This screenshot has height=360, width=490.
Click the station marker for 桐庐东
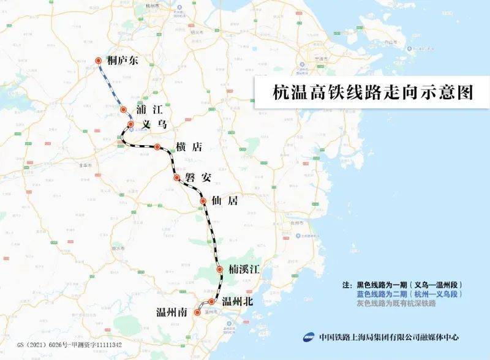pos(99,61)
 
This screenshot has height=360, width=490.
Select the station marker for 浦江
pos(123,110)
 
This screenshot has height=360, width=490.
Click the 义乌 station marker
pos(130,124)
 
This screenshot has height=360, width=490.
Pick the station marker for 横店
pos(157,147)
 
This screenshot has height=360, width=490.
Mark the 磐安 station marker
pos(176,178)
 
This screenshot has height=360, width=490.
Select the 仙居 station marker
pos(203,201)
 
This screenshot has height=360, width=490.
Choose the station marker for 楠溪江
pos(219,269)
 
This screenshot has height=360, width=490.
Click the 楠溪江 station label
pos(246,270)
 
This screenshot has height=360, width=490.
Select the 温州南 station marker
pos(197,313)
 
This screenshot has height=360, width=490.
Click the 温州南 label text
pos(171,313)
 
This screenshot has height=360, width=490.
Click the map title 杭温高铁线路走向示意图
pos(374,94)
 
